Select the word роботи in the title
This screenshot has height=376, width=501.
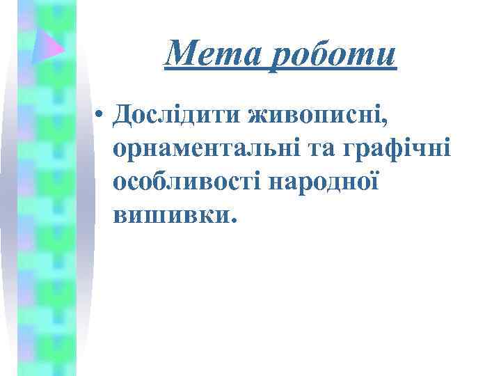click(334, 54)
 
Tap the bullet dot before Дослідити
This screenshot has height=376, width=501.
click(102, 116)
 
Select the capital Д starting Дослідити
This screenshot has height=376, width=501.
click(127, 115)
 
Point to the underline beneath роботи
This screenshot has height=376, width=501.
click(334, 68)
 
